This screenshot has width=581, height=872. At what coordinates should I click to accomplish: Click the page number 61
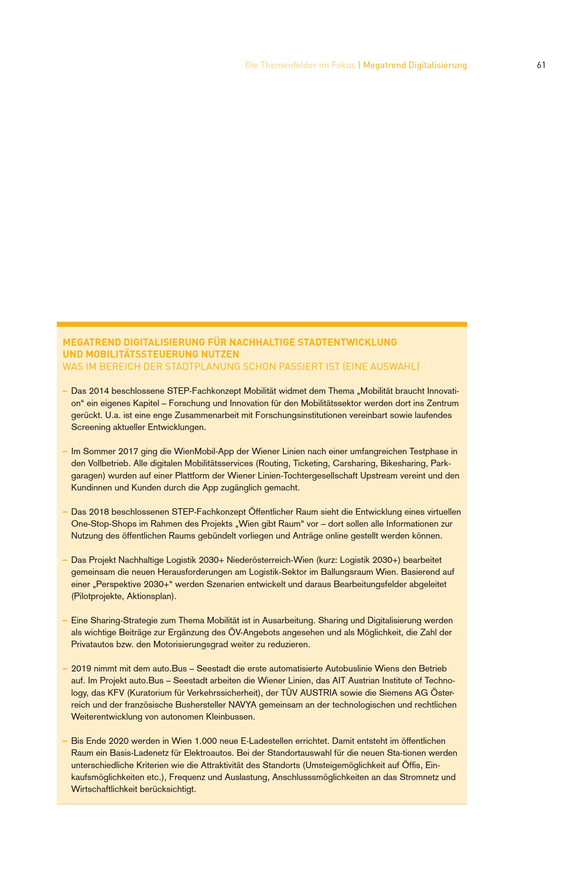(541, 65)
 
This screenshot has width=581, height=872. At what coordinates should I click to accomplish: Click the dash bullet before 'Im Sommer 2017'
(64, 452)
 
